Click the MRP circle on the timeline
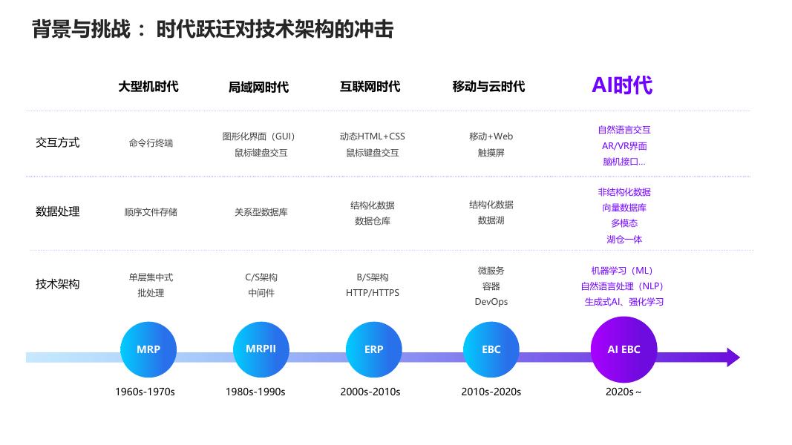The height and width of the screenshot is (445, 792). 148,349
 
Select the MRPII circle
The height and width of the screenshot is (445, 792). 261,349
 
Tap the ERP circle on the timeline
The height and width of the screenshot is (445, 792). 373,349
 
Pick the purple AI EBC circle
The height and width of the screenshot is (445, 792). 624,349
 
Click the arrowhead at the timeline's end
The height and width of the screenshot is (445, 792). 733,357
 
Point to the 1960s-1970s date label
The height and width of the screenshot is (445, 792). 145,392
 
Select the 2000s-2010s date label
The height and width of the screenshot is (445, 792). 370,392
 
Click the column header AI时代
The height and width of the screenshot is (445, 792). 622,85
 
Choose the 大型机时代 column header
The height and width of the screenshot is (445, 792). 148,87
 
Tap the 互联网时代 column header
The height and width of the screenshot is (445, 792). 370,87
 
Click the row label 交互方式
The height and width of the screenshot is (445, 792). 57,142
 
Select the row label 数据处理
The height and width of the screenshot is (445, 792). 57,211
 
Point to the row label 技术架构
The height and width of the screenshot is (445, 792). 57,284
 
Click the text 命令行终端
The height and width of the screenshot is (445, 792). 151,143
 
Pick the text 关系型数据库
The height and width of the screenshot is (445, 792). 261,212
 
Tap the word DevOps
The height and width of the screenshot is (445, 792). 491,302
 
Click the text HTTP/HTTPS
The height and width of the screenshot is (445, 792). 373,293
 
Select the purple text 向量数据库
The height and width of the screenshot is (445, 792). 624,208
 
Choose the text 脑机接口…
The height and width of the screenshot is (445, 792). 624,162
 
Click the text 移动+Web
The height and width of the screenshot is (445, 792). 491,136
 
